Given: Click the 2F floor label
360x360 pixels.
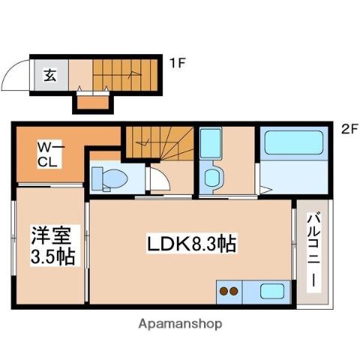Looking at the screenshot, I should pyautogui.click(x=349, y=128).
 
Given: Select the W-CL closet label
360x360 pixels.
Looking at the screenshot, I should pyautogui.click(x=46, y=155).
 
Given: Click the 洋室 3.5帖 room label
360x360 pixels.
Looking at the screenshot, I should pyautogui.click(x=52, y=246).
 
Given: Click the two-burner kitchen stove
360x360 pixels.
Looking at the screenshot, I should pyautogui.click(x=228, y=291).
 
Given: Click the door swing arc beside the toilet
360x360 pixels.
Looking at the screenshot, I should pyautogui.click(x=158, y=180).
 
